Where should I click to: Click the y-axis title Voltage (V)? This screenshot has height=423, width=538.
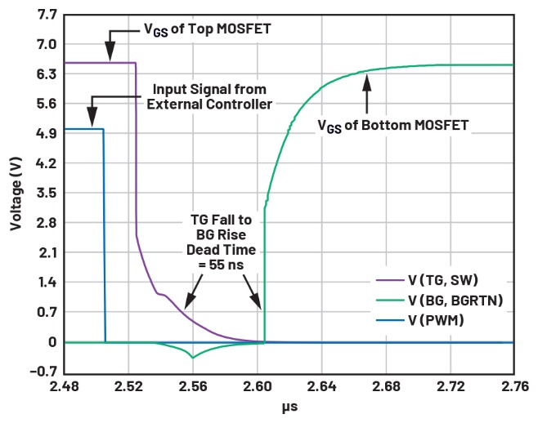[16, 194]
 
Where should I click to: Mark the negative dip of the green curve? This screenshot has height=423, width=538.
[193, 357]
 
